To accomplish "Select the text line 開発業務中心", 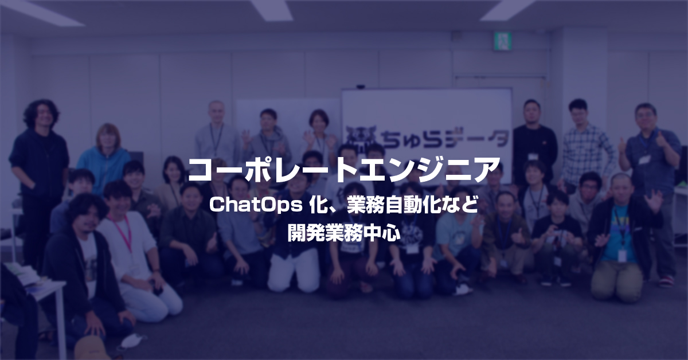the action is [x=343, y=233].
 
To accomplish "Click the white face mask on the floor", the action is [x=131, y=342].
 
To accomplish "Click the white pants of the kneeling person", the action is [x=294, y=271].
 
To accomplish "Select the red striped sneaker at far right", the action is [x=666, y=280].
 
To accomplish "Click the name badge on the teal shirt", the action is [x=622, y=256].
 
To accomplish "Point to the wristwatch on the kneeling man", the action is [x=157, y=271].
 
